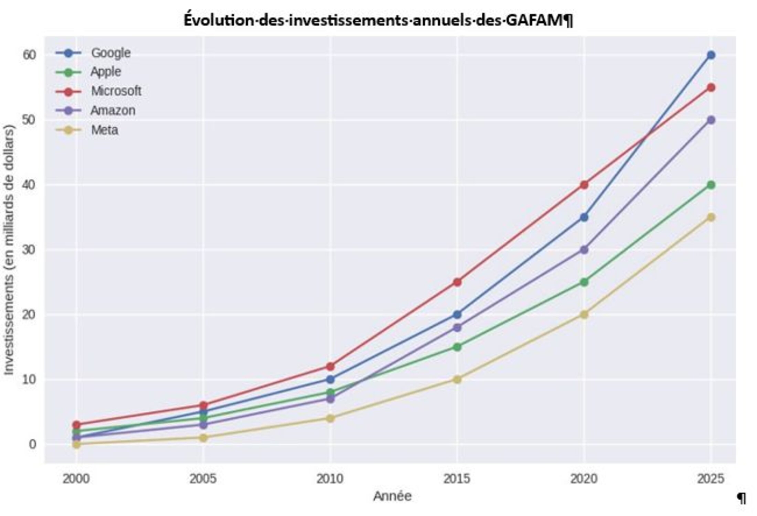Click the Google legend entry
[x=110, y=53]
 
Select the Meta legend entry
[x=104, y=130]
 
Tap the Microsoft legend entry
[x=116, y=91]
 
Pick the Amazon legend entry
[x=113, y=110]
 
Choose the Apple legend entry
[x=106, y=72]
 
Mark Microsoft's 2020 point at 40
[x=584, y=185]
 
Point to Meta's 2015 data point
[x=457, y=379]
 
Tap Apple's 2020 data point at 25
[x=584, y=282]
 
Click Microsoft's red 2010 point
[x=330, y=366]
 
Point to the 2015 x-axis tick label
[x=457, y=479]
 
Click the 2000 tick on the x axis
[x=76, y=479]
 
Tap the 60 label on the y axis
[x=30, y=55]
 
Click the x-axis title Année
[x=392, y=496]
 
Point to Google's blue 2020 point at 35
[x=584, y=217]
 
